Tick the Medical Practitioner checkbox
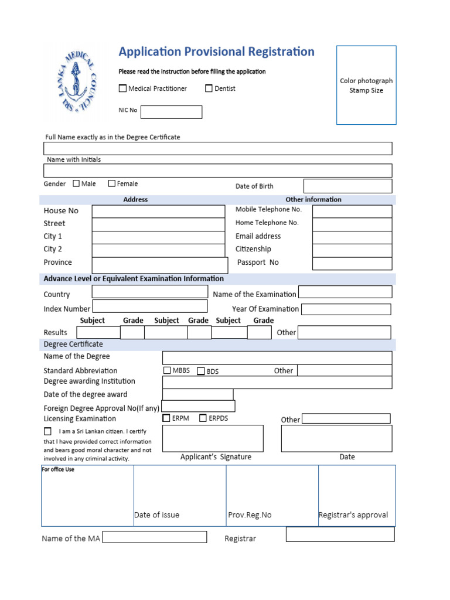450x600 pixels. pos(122,88)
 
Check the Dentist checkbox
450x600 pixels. pos(209,88)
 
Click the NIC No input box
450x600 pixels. pos(171,112)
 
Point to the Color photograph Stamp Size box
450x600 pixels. pos(366,85)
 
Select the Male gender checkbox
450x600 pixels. pos(76,183)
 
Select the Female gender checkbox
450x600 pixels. pos(112,183)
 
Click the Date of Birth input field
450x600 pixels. pos(347,186)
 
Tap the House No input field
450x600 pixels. pos(158,211)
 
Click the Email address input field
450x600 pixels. pos(352,237)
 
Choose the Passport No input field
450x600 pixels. pos(352,263)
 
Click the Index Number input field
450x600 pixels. pos(150,306)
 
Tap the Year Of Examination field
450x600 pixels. pos(346,309)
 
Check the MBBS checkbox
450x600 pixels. pos(168,370)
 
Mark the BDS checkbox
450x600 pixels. pos(201,371)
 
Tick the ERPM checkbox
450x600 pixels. pos(167,418)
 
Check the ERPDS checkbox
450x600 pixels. pos(203,418)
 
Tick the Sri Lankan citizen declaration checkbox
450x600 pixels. pos(47,431)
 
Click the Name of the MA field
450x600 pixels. pos(155,537)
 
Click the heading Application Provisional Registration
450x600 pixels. pos(216,52)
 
